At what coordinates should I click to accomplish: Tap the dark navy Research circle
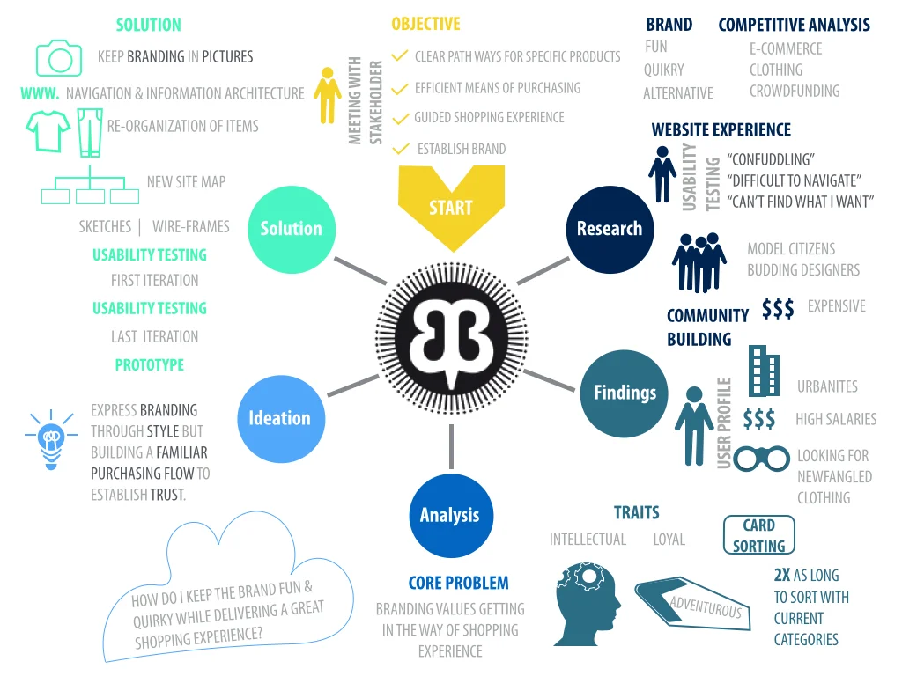click(x=610, y=229)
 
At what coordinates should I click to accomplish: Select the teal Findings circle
click(x=625, y=393)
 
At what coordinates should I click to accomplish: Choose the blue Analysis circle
click(x=450, y=515)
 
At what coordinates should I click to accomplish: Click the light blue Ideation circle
click(x=280, y=418)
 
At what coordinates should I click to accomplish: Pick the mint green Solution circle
click(x=292, y=229)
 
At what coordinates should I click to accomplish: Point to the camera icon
click(x=59, y=58)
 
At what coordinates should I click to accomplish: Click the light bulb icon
click(x=51, y=437)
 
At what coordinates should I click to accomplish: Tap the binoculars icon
click(x=762, y=459)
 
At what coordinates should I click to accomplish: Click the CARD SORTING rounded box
click(x=758, y=535)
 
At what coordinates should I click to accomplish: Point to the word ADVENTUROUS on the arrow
click(x=706, y=606)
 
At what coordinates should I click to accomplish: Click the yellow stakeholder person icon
click(x=328, y=94)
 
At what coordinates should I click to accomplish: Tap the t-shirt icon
click(x=48, y=130)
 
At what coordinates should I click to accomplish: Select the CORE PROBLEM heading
click(x=458, y=583)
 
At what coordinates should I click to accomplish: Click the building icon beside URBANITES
click(x=764, y=371)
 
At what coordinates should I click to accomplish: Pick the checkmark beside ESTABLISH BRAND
click(x=403, y=149)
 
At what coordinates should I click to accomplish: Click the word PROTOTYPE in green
click(x=150, y=364)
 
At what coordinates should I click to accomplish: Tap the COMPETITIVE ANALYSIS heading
click(x=794, y=25)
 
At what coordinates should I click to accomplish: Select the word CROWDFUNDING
click(x=795, y=91)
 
